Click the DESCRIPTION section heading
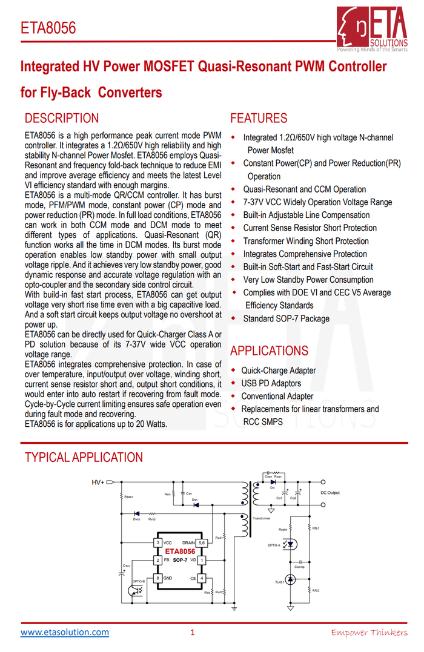(x=61, y=118)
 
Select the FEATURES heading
(x=259, y=118)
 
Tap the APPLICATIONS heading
(x=269, y=351)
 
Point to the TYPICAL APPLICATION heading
(x=84, y=457)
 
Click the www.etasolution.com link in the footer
(x=65, y=633)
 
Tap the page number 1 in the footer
(x=193, y=633)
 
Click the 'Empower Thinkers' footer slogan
(x=369, y=633)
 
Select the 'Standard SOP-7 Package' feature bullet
(x=286, y=318)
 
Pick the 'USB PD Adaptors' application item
(x=271, y=383)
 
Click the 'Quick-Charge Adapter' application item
(x=278, y=370)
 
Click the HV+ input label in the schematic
(x=98, y=482)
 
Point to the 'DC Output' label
(x=330, y=493)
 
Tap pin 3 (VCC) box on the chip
(x=158, y=543)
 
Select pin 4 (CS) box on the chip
(x=202, y=578)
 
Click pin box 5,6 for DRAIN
(x=202, y=543)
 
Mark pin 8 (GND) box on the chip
(x=158, y=578)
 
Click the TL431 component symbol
(x=291, y=580)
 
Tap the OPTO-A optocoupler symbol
(x=291, y=544)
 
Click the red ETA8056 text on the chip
(x=180, y=552)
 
